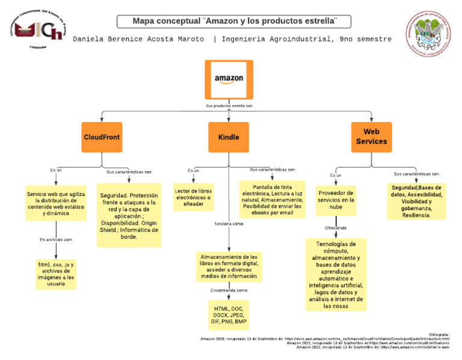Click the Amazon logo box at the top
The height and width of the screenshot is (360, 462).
(229, 79)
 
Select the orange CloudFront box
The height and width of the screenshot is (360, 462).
(102, 137)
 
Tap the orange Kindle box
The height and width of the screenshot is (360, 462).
(229, 137)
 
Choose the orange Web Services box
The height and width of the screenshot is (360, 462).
(371, 137)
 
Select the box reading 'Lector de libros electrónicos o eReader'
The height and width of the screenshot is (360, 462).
(193, 197)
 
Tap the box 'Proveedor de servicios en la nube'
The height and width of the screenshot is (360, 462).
(336, 200)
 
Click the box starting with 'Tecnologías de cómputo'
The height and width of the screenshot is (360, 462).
(336, 275)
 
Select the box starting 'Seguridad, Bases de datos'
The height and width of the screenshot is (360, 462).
(416, 201)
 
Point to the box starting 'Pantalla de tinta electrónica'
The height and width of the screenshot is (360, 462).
(273, 200)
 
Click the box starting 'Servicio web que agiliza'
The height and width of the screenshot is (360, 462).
(56, 204)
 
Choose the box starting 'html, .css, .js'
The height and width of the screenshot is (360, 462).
(56, 274)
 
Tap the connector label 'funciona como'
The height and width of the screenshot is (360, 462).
(229, 224)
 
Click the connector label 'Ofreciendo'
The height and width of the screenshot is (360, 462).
(336, 228)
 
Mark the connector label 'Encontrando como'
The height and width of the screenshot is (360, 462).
(229, 290)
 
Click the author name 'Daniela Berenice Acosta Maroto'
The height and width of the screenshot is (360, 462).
(139, 39)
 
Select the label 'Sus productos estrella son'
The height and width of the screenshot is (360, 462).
(229, 105)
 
